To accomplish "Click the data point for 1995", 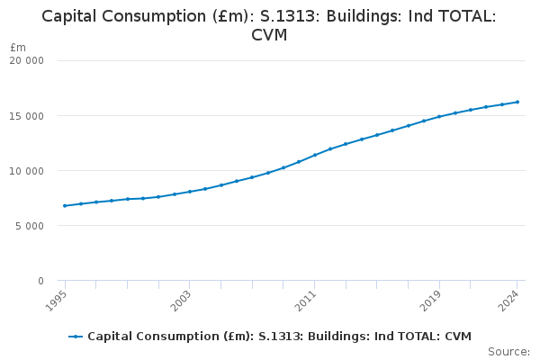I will point(65,205).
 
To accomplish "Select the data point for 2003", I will point(190,192).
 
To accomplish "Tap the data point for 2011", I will point(315,155).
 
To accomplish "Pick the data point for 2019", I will point(439,116).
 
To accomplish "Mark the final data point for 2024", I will point(517,102).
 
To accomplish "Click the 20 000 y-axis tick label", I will point(27,61).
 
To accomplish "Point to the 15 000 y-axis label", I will point(27,116).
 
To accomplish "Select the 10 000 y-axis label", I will point(27,171).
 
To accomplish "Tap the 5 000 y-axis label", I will point(30,226).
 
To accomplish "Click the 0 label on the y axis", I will point(40,281).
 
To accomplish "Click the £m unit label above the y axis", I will point(18,47).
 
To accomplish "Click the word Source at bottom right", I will point(508,351).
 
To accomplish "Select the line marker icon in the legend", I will point(76,337).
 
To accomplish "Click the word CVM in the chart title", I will point(269,35).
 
